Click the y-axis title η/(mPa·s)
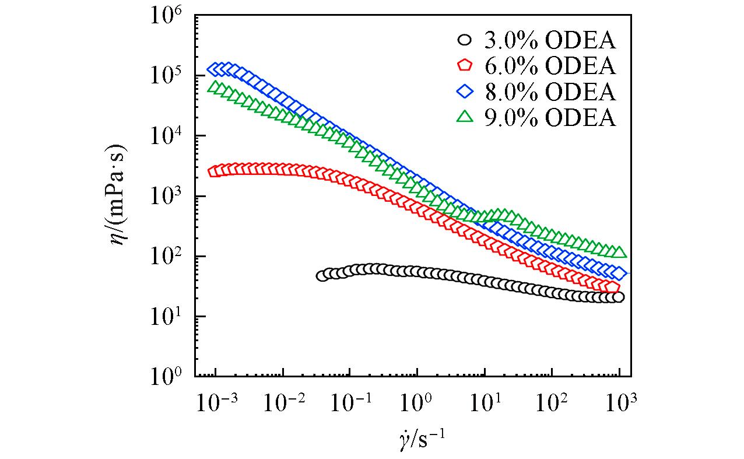[x=120, y=197]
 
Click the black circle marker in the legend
[x=465, y=40]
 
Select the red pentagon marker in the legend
[x=465, y=65]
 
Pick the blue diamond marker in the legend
[x=465, y=92]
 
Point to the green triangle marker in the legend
[x=465, y=117]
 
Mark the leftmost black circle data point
[x=322, y=276]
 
